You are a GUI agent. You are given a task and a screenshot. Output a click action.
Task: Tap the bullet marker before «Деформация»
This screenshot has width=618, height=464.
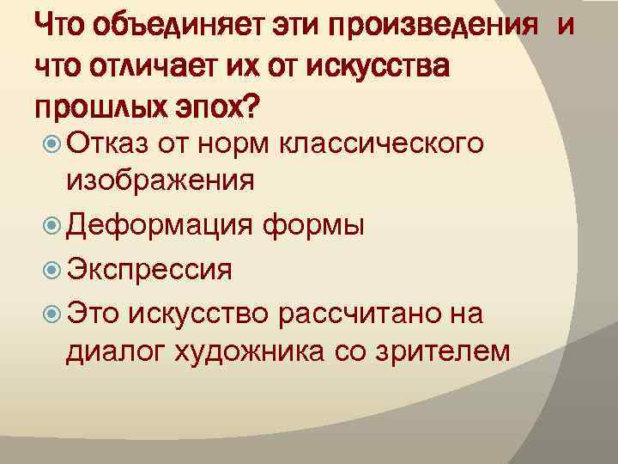pyautogui.click(x=49, y=225)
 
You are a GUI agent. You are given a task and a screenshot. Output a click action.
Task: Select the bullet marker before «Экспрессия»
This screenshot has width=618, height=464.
pyautogui.click(x=49, y=269)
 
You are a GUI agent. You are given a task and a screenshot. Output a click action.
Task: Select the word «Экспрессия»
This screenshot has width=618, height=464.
pyautogui.click(x=149, y=270)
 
